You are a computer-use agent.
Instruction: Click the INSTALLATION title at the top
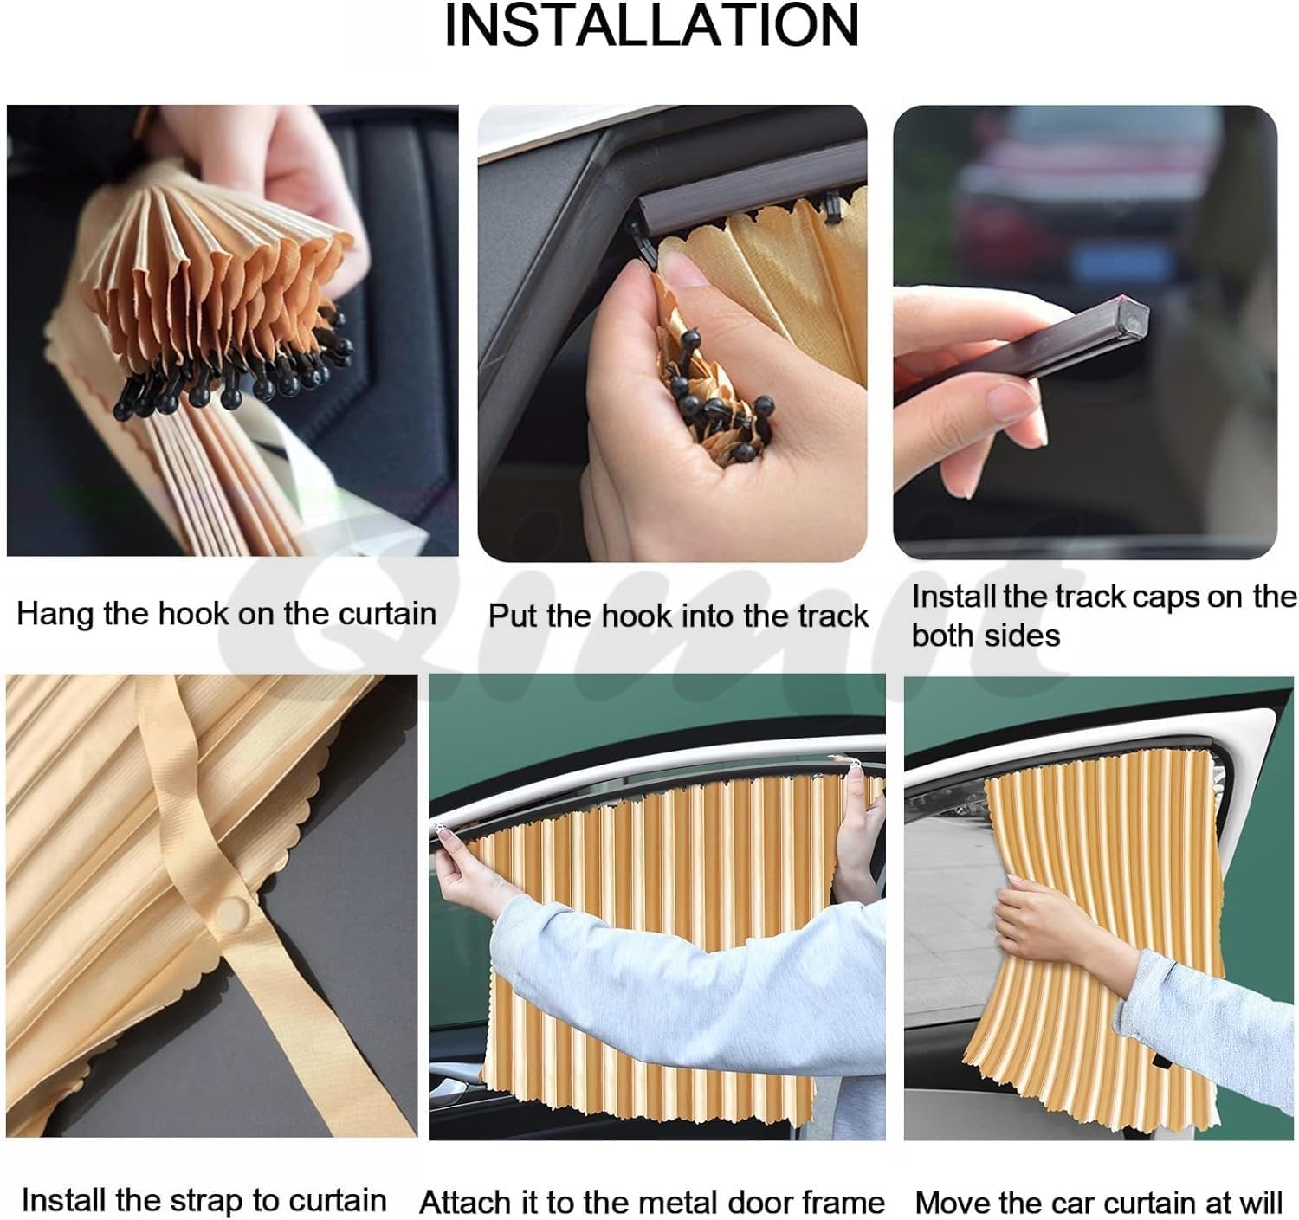650,27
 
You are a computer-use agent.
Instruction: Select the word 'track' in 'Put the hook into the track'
832,616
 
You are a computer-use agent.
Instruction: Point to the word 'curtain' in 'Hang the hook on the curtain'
387,614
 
